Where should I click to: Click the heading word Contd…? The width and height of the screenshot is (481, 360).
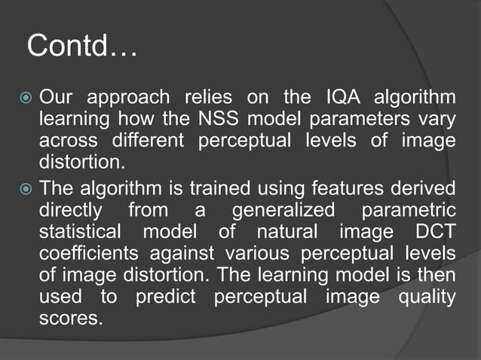(81, 47)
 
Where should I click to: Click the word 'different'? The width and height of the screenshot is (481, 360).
(150, 140)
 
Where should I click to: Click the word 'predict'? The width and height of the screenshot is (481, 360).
(165, 296)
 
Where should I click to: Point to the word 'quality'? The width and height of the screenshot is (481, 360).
(429, 296)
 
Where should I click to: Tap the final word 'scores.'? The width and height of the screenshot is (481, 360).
(70, 317)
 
